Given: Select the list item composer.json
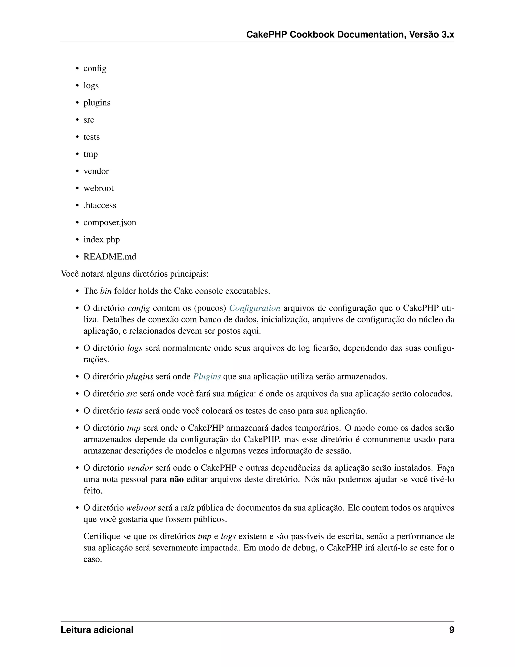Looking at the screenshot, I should [110, 222].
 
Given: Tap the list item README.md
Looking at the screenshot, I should [110, 256].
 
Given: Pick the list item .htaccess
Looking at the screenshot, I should [100, 205].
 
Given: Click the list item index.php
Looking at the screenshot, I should [102, 239].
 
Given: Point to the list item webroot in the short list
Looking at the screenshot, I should [98, 188].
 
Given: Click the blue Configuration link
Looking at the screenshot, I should [255, 308].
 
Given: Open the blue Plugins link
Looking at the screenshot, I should [207, 377].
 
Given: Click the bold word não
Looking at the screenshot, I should [176, 479].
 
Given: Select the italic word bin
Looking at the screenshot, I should [106, 291].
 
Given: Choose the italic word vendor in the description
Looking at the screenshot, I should [140, 468].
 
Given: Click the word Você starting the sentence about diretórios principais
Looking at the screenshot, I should [70, 274].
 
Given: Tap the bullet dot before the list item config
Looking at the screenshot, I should [77, 68].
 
